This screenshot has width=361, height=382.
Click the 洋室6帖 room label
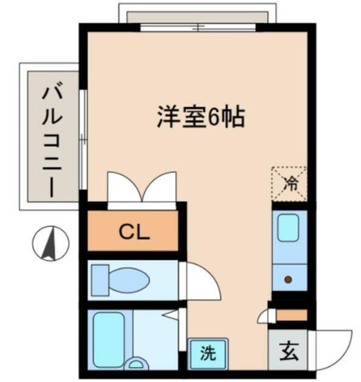pyautogui.click(x=200, y=117)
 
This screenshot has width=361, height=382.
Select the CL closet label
pyautogui.click(x=133, y=232)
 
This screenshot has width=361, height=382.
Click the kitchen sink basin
pyautogui.click(x=290, y=227)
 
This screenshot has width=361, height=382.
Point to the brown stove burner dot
pyautogui.click(x=289, y=279)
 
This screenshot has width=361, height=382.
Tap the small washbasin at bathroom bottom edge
pyautogui.click(x=137, y=363)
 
